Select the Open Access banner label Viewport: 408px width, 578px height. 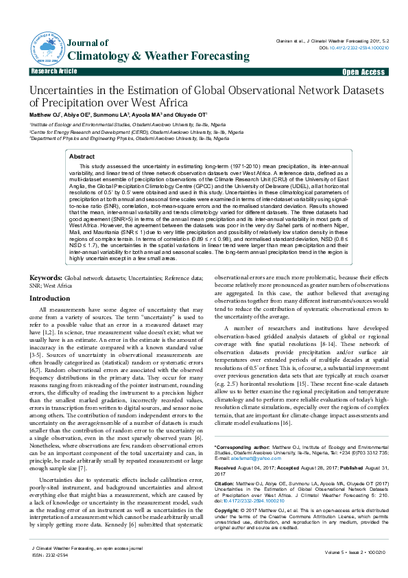click(x=363, y=71)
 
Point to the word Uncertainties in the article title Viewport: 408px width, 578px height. click(x=67, y=91)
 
